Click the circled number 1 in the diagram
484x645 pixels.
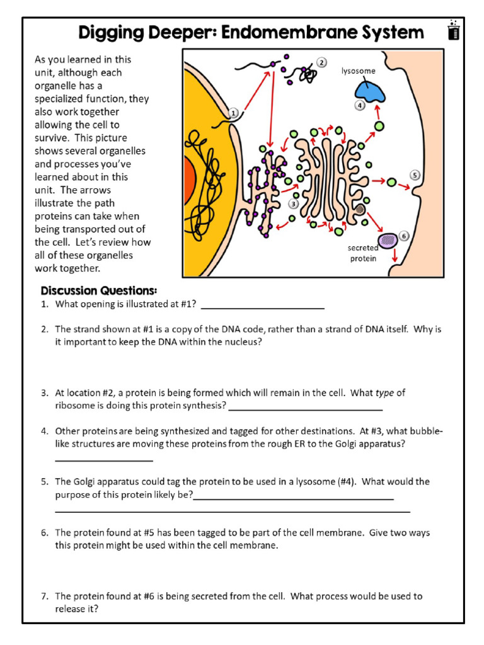(x=233, y=113)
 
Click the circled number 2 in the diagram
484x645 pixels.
(x=321, y=62)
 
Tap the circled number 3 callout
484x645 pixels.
(x=294, y=203)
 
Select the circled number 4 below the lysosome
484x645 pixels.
(x=360, y=106)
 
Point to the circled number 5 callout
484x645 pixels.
(x=414, y=174)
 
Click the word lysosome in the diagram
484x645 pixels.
(x=358, y=71)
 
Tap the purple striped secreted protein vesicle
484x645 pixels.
(x=387, y=239)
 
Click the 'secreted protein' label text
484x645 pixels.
(x=363, y=253)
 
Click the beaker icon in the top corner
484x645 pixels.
(x=452, y=30)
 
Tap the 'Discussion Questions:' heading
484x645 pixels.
(x=98, y=290)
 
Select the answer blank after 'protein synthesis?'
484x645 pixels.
(x=306, y=406)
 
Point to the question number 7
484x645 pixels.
(x=45, y=596)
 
